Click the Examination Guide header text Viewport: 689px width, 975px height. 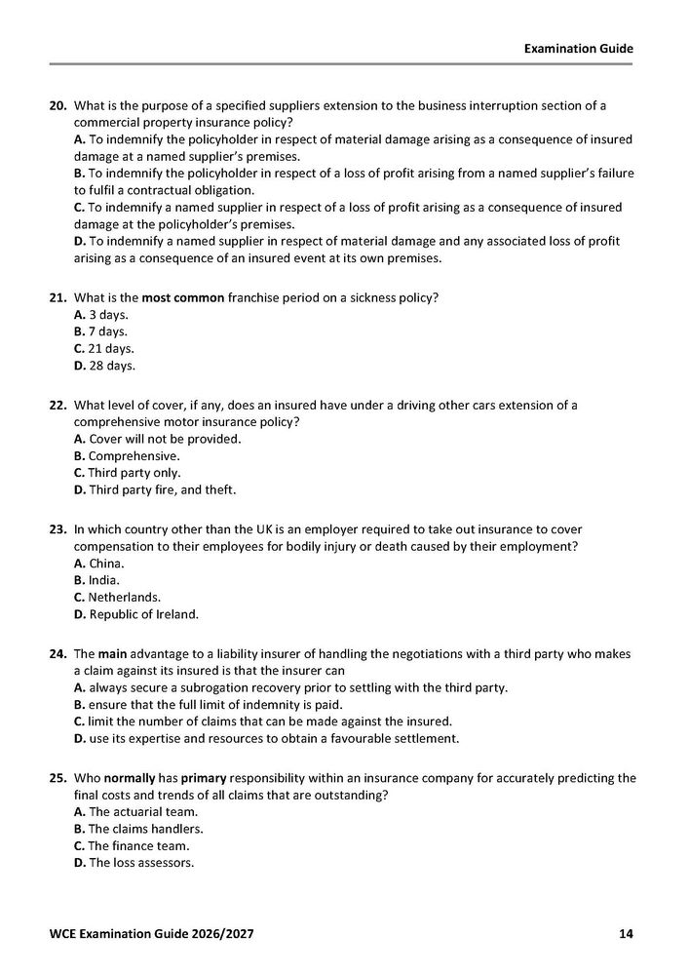(578, 47)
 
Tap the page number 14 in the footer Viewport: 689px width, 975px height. (627, 934)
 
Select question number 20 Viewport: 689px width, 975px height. (57, 105)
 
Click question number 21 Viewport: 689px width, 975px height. (57, 297)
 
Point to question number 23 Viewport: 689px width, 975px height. (57, 546)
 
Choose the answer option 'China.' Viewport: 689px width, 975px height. (99, 564)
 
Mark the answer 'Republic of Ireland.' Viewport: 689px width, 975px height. (135, 613)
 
